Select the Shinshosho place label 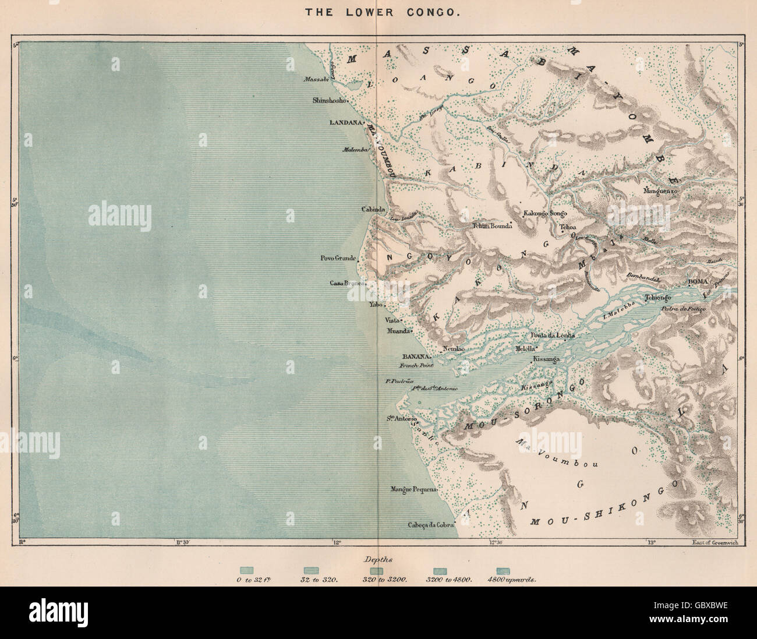[x=330, y=100]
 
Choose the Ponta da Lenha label [x=551, y=336]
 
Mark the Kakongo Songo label [x=544, y=213]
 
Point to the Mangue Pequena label [x=413, y=489]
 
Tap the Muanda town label [x=397, y=330]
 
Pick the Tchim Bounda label [x=492, y=226]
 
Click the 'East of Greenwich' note [x=714, y=542]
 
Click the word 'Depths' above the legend [x=378, y=559]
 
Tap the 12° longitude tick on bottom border [x=336, y=542]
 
